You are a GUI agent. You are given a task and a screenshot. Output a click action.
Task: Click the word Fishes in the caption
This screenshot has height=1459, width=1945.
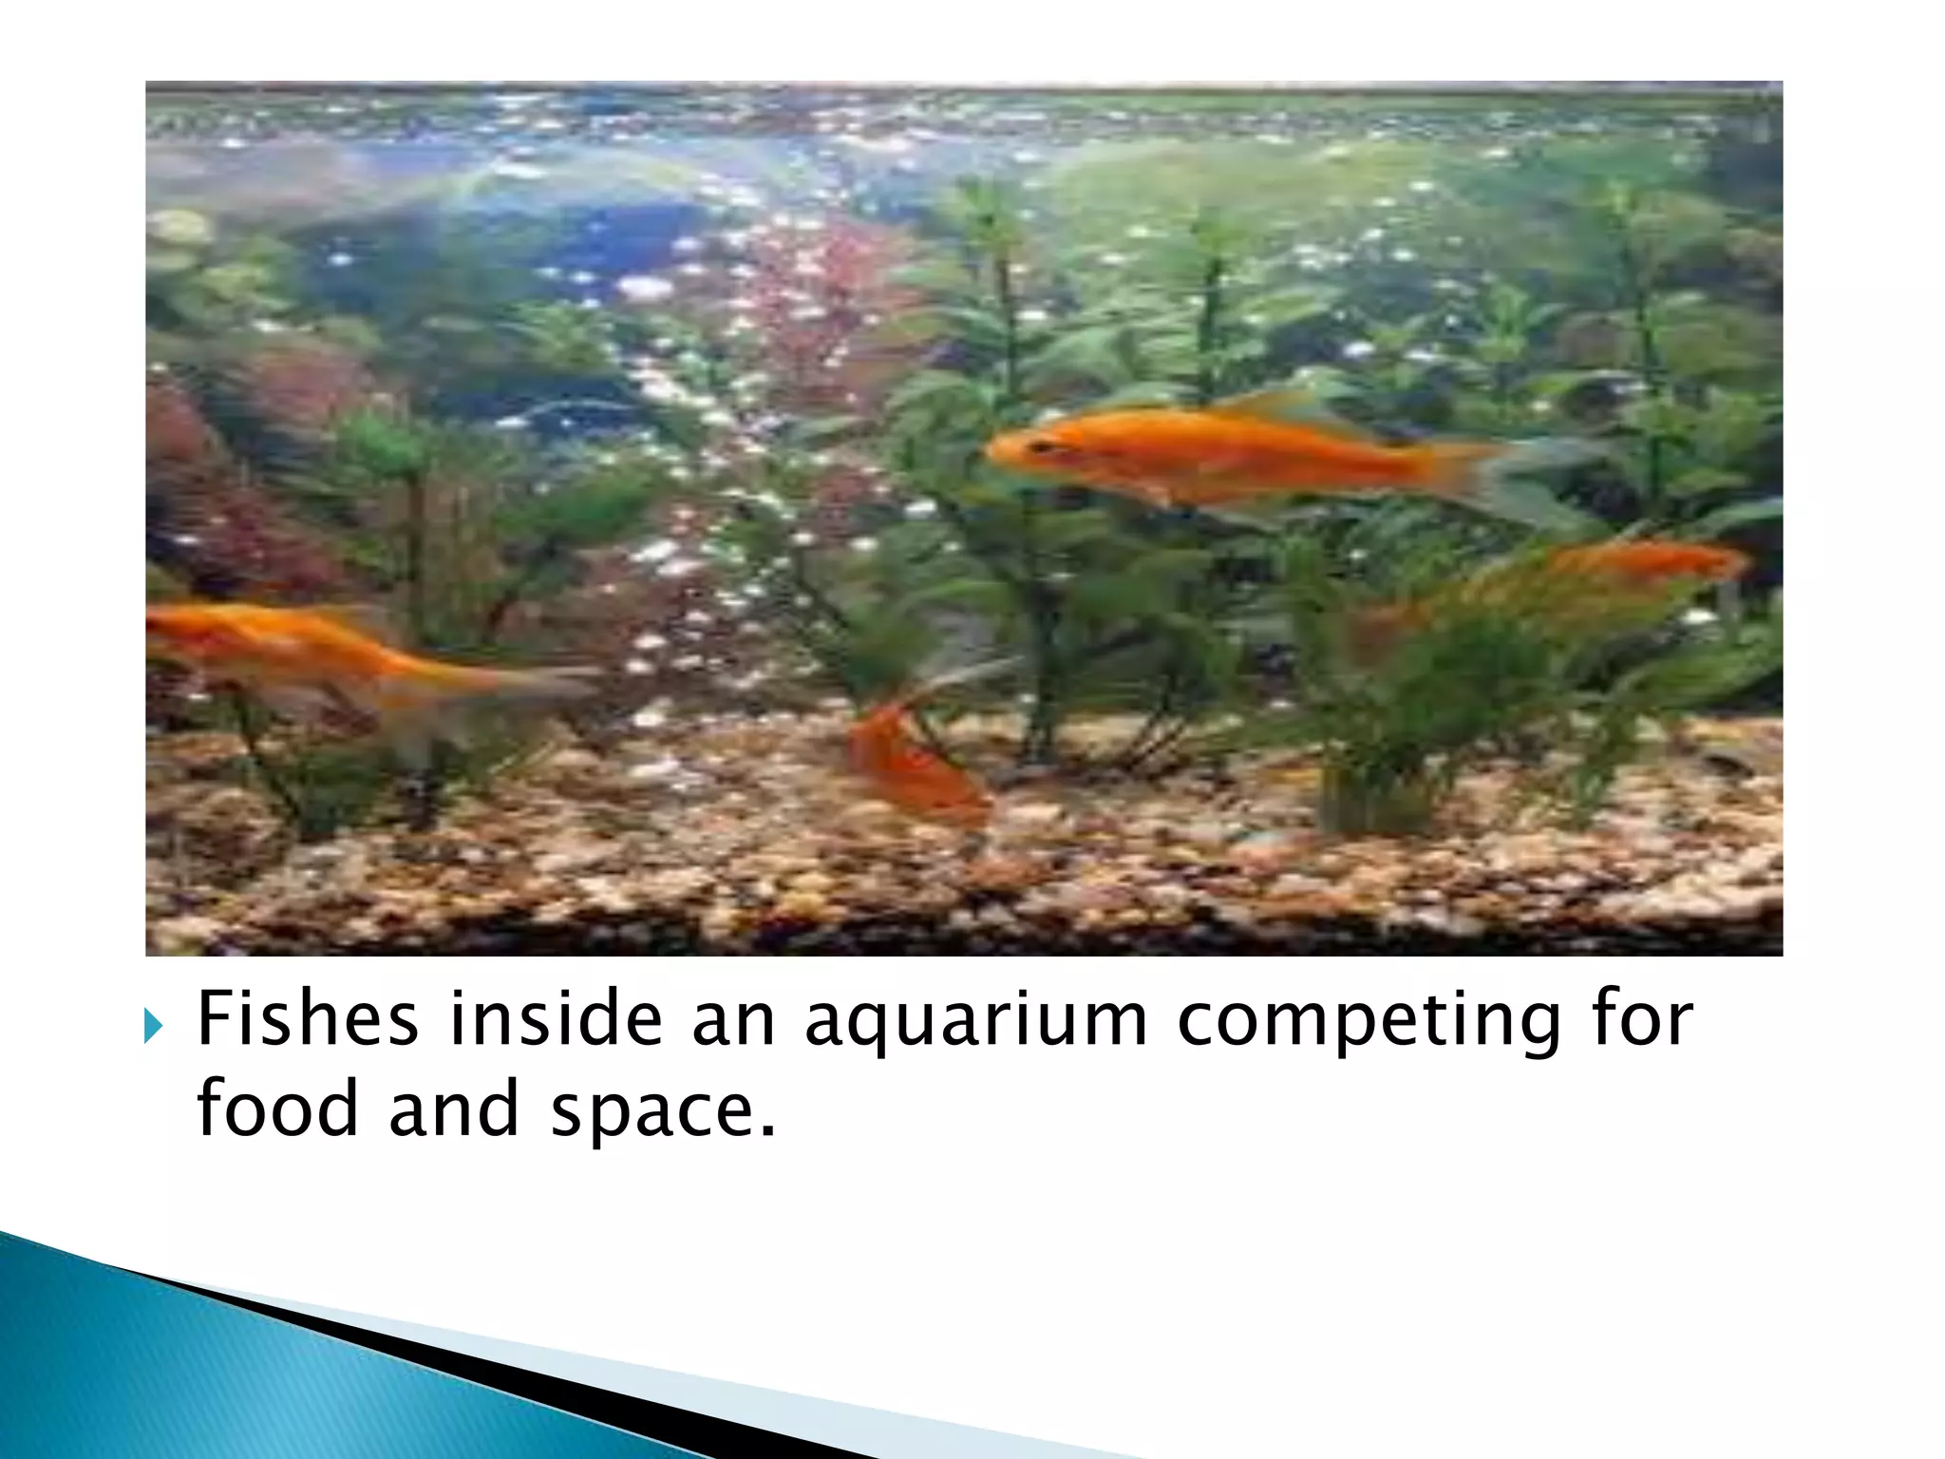[x=307, y=1019]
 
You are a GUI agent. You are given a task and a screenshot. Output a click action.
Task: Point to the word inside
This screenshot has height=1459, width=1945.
[x=555, y=1019]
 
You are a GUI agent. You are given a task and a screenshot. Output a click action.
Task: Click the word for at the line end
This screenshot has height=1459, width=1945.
[x=1642, y=1019]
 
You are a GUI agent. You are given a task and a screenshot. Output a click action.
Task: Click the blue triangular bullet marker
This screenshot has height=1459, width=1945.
[x=154, y=1025]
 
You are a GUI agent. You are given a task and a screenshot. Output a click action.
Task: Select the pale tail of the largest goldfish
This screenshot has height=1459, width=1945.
[x=1529, y=480]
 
